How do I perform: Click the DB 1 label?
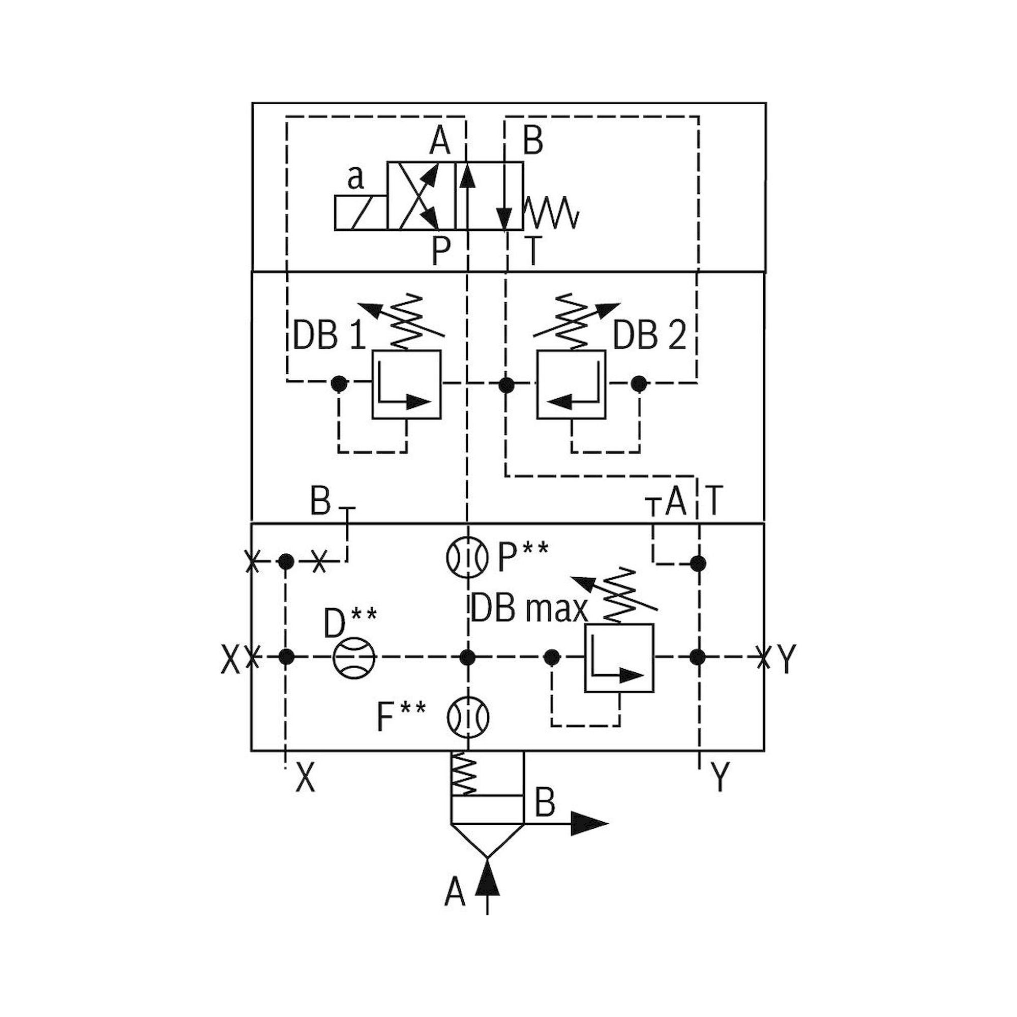328,335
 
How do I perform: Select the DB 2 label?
649,335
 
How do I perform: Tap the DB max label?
528,609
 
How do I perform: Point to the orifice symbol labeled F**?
467,717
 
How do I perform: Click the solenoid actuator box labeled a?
361,212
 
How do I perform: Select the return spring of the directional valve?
552,213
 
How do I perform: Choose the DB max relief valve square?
619,657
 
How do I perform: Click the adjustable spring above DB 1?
408,322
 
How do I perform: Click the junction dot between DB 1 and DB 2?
506,385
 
